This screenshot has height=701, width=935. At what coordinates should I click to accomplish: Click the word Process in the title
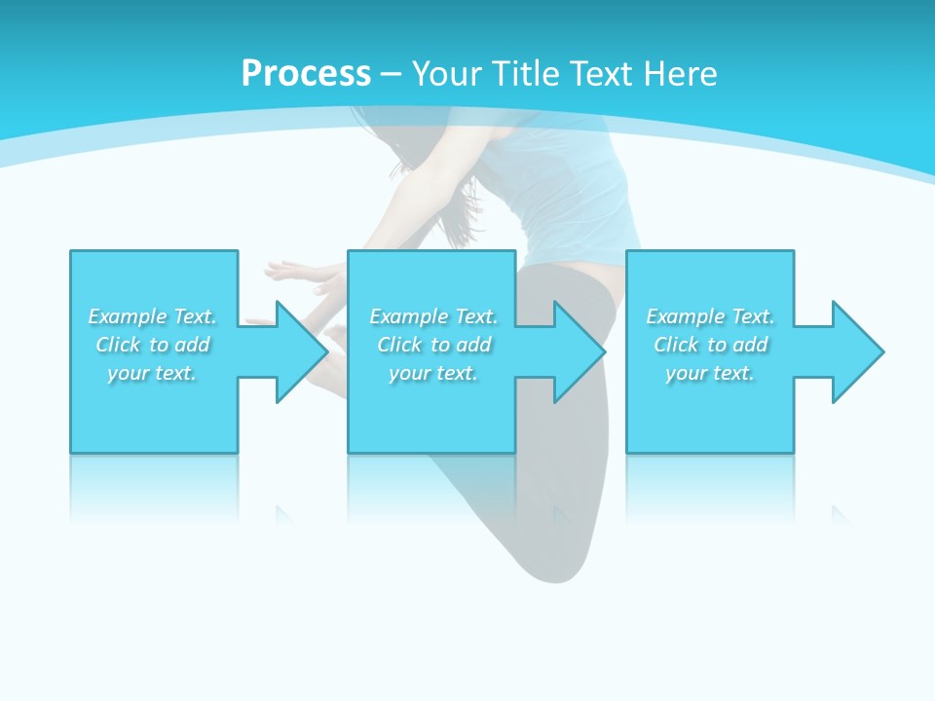coord(306,73)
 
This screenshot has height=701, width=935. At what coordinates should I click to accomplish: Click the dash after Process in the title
coord(391,74)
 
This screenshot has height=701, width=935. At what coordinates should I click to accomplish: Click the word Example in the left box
coord(127,316)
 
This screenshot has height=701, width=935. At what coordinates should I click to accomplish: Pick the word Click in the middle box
coord(399,345)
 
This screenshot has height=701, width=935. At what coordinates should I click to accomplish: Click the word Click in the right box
coord(676,345)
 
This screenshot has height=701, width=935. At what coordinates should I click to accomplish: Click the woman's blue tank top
coord(575,195)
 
